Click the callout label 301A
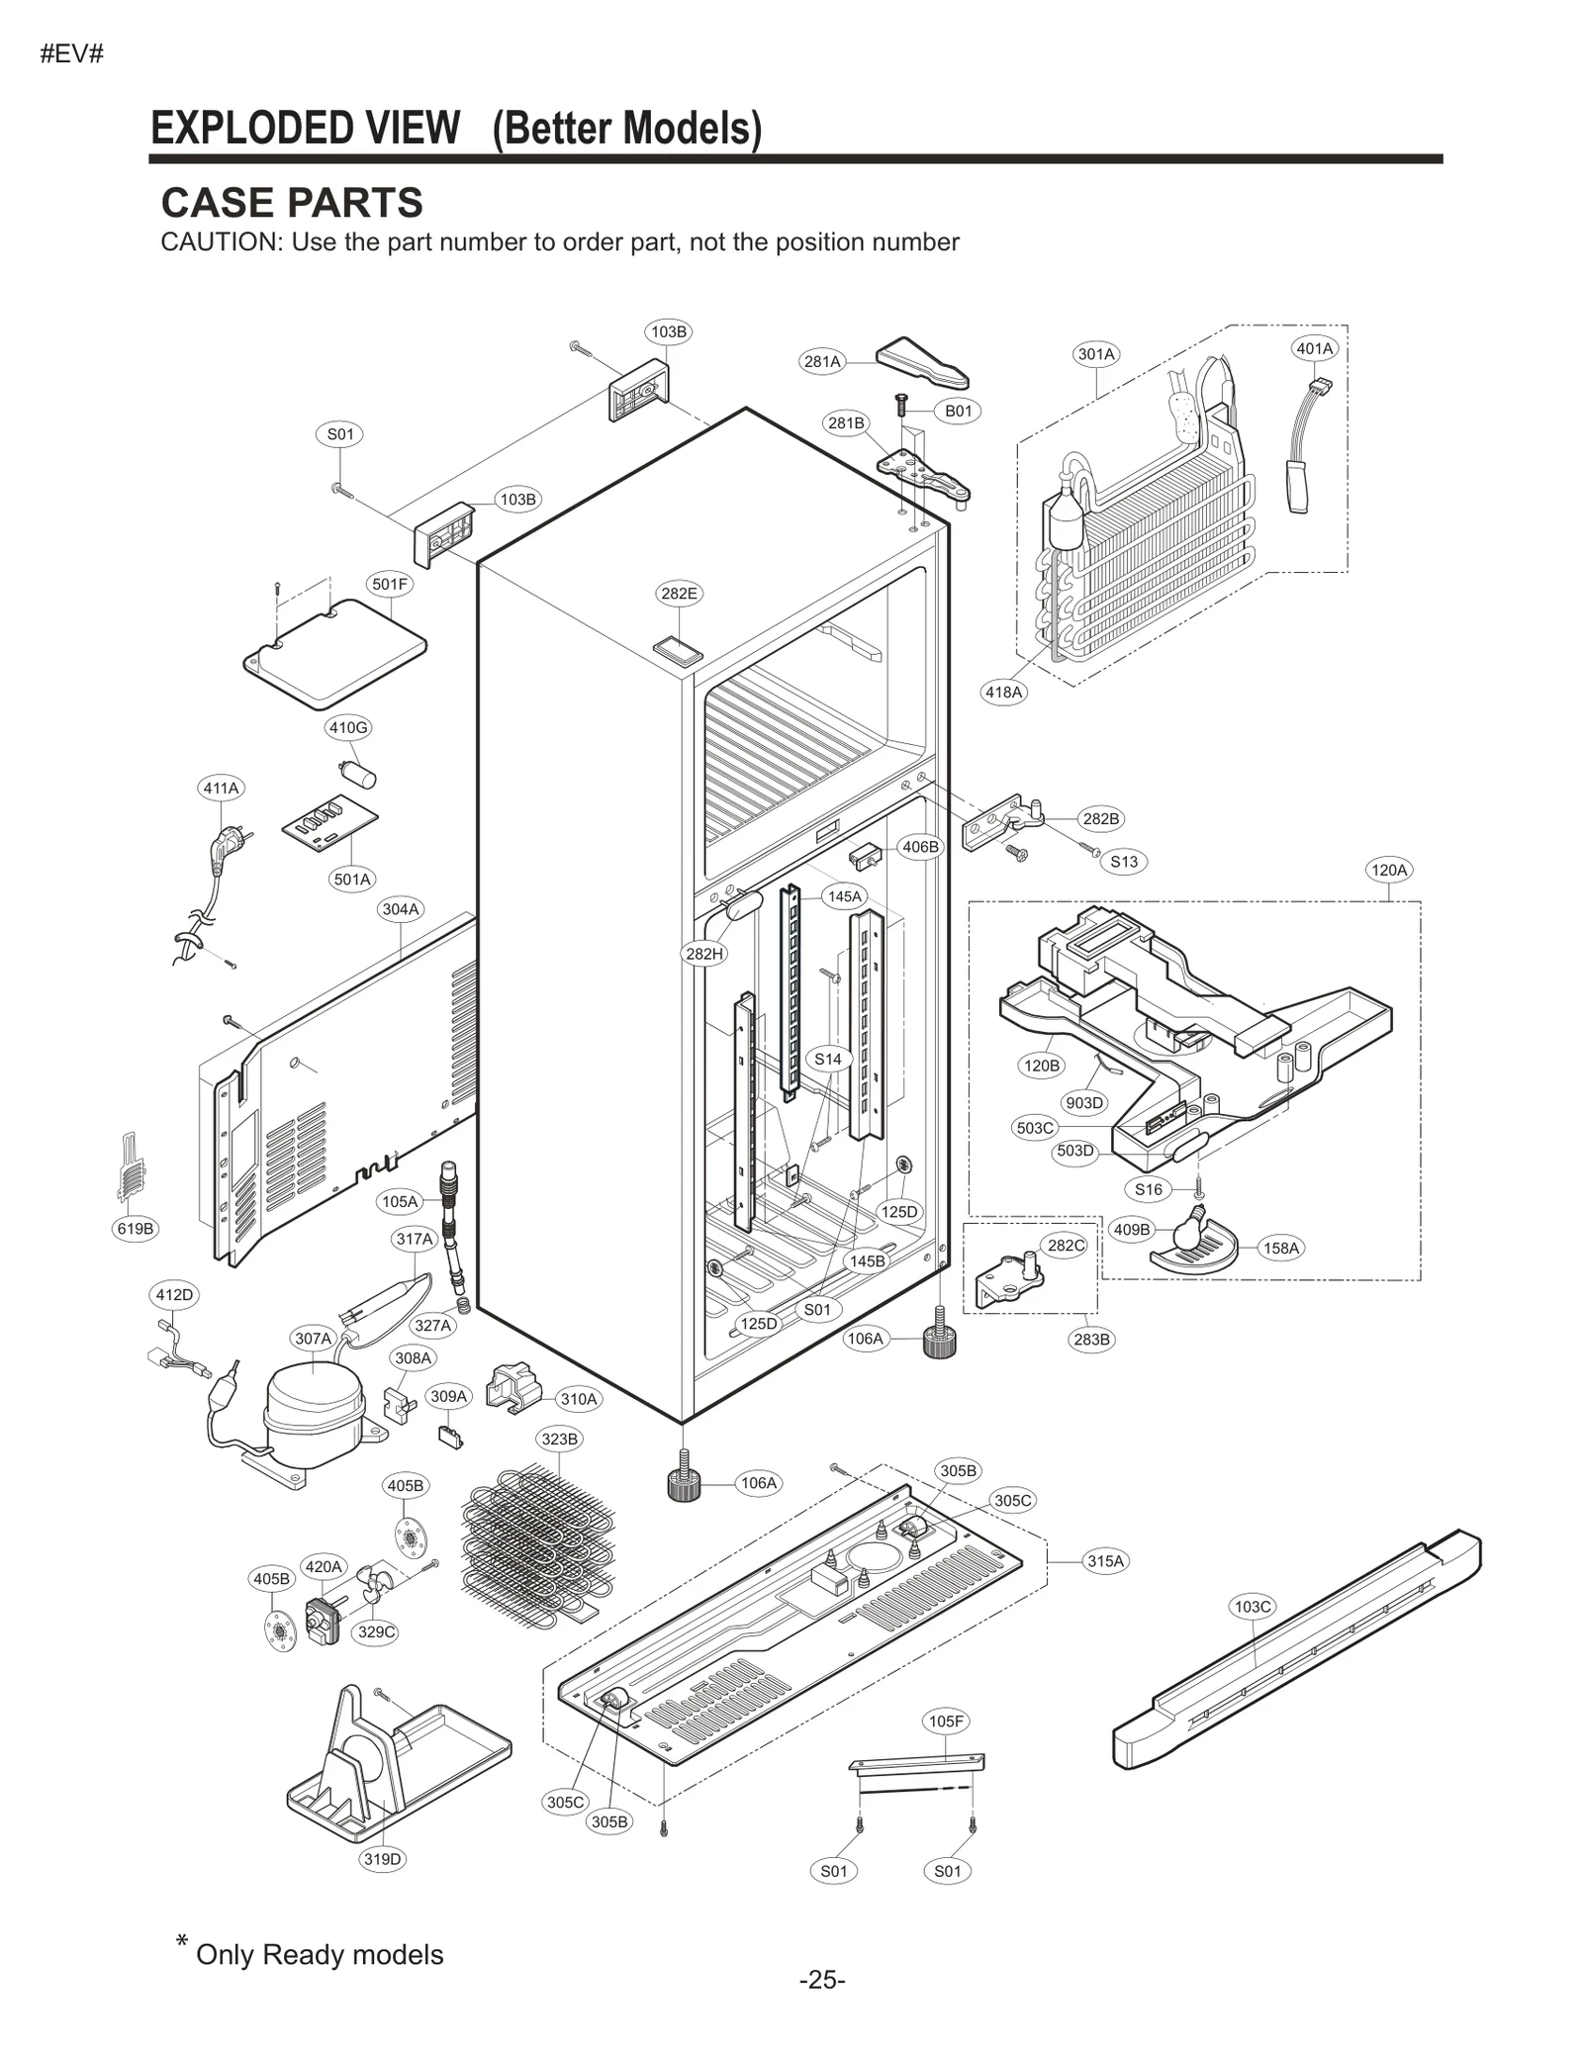(x=1096, y=354)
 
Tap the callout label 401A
(x=1315, y=348)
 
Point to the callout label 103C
(x=1253, y=1607)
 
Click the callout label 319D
(x=383, y=1859)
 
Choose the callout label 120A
(x=1388, y=870)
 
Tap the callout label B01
(x=958, y=411)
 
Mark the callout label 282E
(x=679, y=594)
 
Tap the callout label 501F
(x=389, y=584)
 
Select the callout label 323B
(x=560, y=1439)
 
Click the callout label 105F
(x=946, y=1722)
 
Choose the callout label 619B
(x=136, y=1229)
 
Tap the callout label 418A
(x=1003, y=692)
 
